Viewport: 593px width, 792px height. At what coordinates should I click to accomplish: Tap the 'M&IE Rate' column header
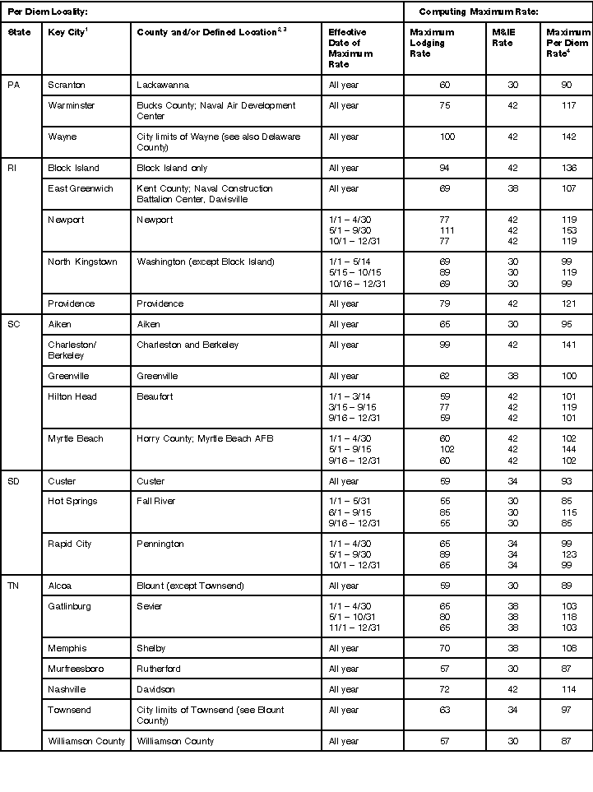(x=503, y=38)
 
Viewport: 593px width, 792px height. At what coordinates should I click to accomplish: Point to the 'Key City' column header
(x=68, y=32)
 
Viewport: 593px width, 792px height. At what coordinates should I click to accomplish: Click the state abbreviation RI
(x=12, y=168)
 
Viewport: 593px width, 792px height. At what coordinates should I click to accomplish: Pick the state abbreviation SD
(x=13, y=481)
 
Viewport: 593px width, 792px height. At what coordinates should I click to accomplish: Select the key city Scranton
(x=67, y=85)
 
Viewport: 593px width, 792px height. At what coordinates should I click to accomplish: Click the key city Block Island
(x=73, y=168)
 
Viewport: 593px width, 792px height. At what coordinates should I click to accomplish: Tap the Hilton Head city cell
(x=72, y=396)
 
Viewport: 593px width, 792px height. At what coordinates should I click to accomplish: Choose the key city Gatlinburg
(x=69, y=606)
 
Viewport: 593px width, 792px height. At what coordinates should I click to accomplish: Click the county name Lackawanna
(x=163, y=85)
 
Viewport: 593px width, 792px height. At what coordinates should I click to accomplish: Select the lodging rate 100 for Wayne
(x=447, y=137)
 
